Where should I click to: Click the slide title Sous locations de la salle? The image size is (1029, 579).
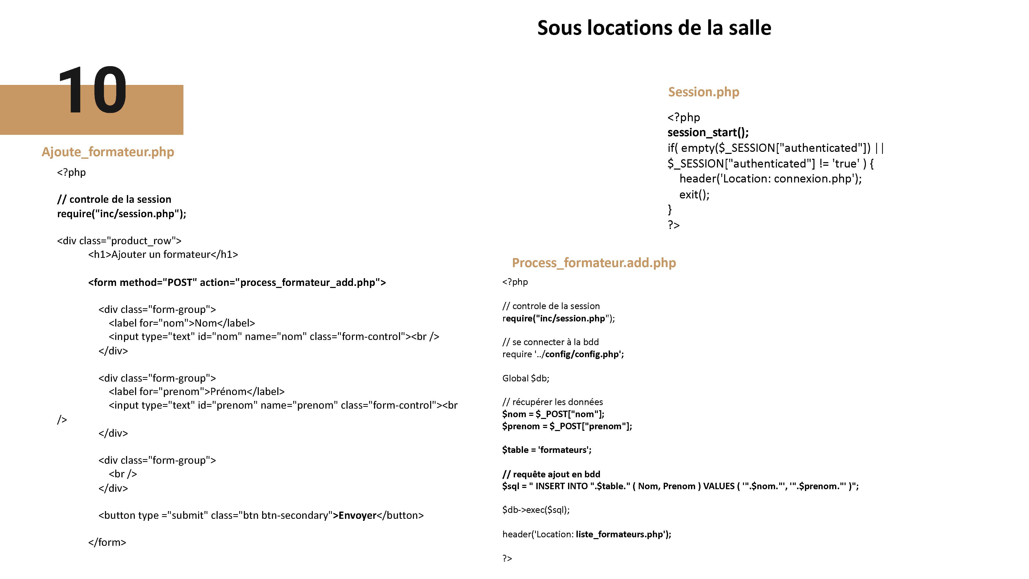(654, 28)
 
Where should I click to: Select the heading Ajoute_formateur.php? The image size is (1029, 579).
(108, 152)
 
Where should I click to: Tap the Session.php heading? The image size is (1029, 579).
(703, 92)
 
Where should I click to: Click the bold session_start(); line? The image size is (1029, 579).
(708, 132)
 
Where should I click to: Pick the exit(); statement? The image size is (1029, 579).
(694, 195)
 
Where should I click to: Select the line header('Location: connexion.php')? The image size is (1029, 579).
(770, 179)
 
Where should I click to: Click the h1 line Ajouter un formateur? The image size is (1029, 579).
(163, 255)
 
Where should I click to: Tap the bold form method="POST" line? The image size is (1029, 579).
(237, 283)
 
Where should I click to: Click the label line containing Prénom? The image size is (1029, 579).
(197, 392)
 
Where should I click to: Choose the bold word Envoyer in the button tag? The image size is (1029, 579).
(358, 515)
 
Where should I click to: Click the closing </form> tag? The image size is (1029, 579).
(107, 542)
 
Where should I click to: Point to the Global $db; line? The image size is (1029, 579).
(526, 378)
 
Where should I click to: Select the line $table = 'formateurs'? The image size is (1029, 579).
(546, 450)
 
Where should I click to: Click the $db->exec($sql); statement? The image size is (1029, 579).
(536, 510)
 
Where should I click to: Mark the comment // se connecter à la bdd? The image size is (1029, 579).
(551, 342)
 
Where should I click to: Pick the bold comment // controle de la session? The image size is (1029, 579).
(114, 199)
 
